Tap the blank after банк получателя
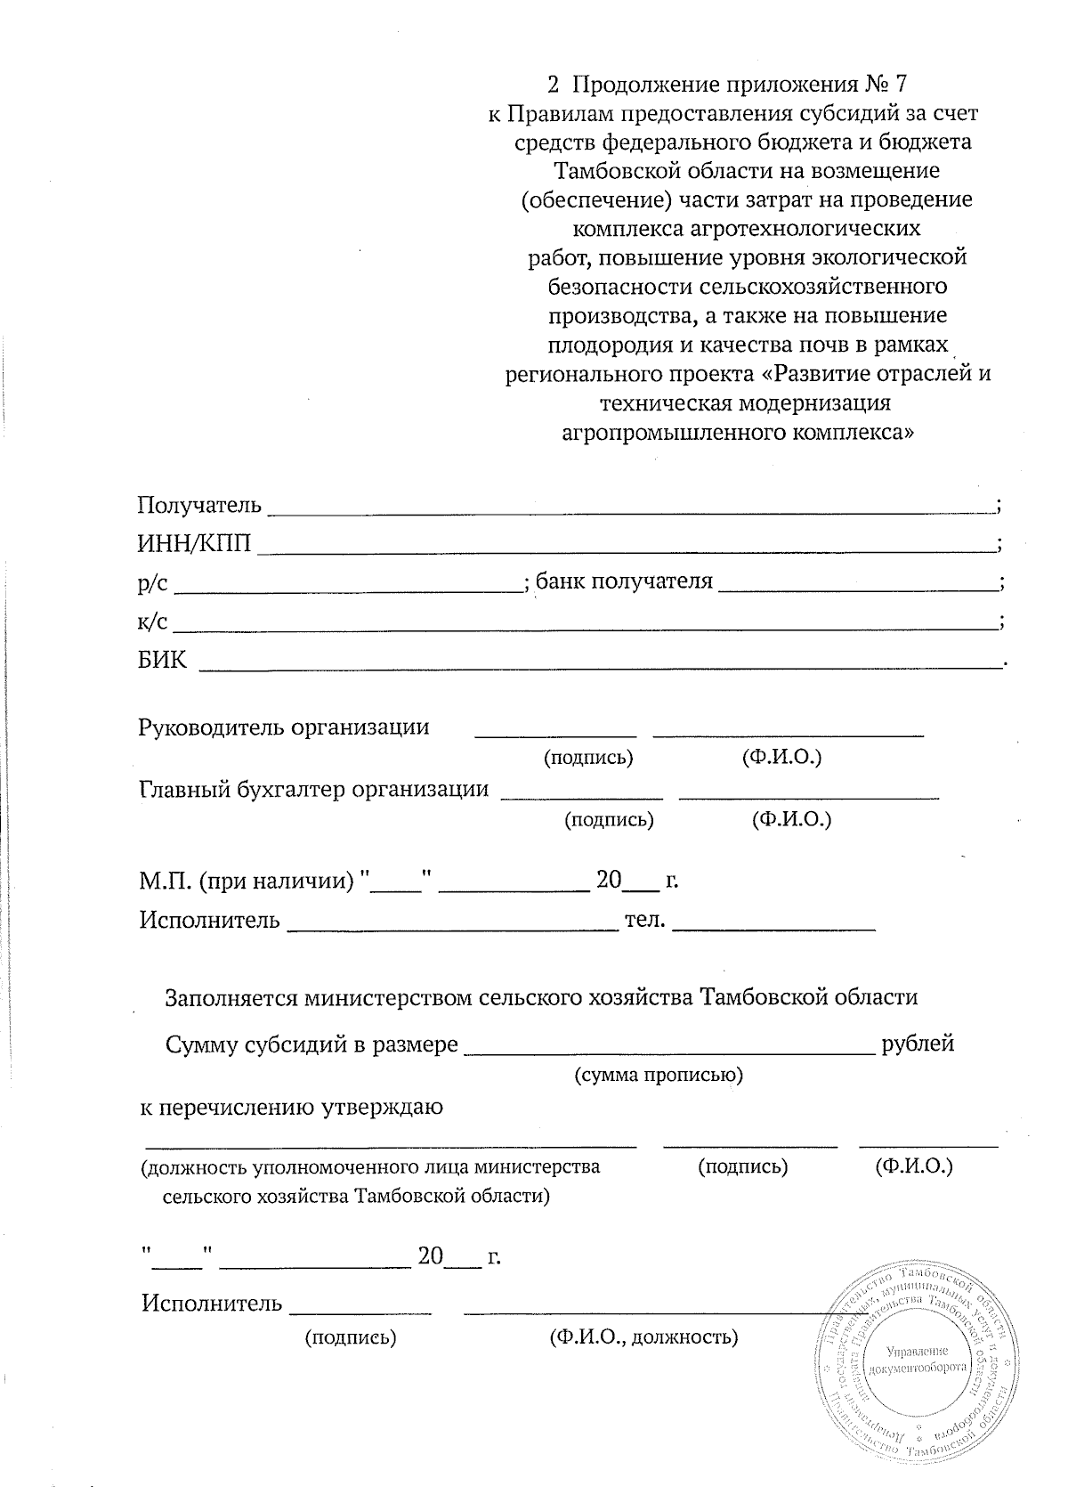click(x=858, y=589)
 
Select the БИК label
click(x=162, y=660)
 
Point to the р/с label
click(x=152, y=582)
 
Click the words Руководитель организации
click(x=284, y=727)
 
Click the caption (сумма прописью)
click(x=659, y=1076)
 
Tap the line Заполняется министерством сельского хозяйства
click(x=541, y=997)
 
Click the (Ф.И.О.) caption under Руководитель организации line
click(x=781, y=758)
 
